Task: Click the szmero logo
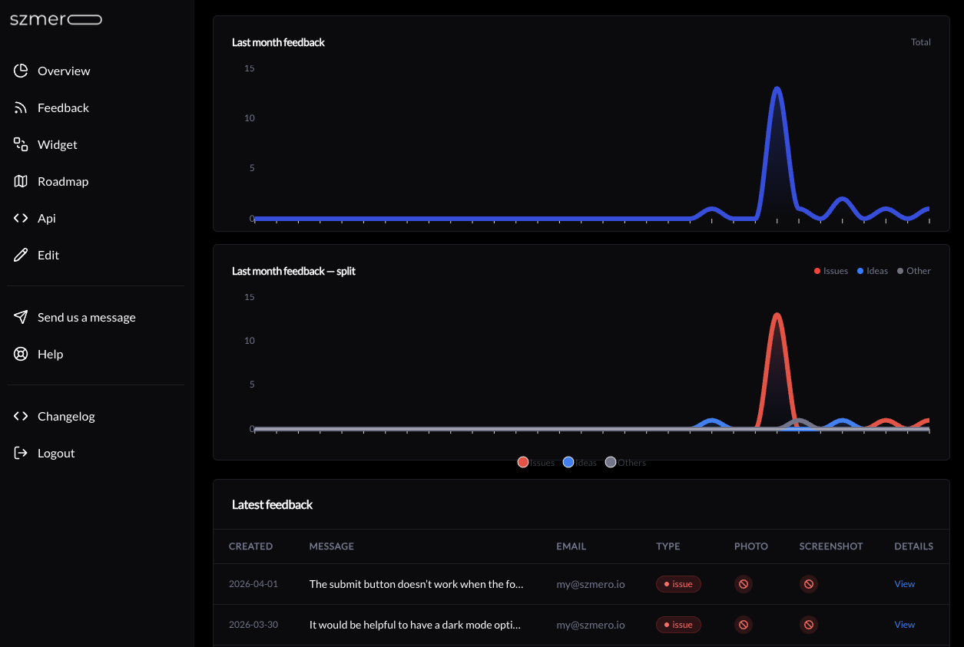coord(55,20)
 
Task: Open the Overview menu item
coord(64,71)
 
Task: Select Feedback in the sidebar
coord(63,107)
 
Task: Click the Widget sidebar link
coord(57,144)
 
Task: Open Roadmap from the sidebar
coord(63,181)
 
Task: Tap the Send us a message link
coord(86,317)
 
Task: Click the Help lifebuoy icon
coord(21,354)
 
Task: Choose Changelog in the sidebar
coord(66,416)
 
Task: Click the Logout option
coord(56,453)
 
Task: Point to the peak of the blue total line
coord(777,89)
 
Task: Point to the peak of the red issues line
coord(777,315)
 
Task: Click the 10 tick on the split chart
coord(249,341)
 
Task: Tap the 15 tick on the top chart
coord(249,68)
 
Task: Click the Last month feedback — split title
coord(293,271)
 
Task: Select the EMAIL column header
coord(571,546)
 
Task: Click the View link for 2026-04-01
coord(904,584)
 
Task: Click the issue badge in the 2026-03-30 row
coord(678,625)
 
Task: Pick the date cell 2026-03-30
coord(253,625)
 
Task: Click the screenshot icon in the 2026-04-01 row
coord(808,584)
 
